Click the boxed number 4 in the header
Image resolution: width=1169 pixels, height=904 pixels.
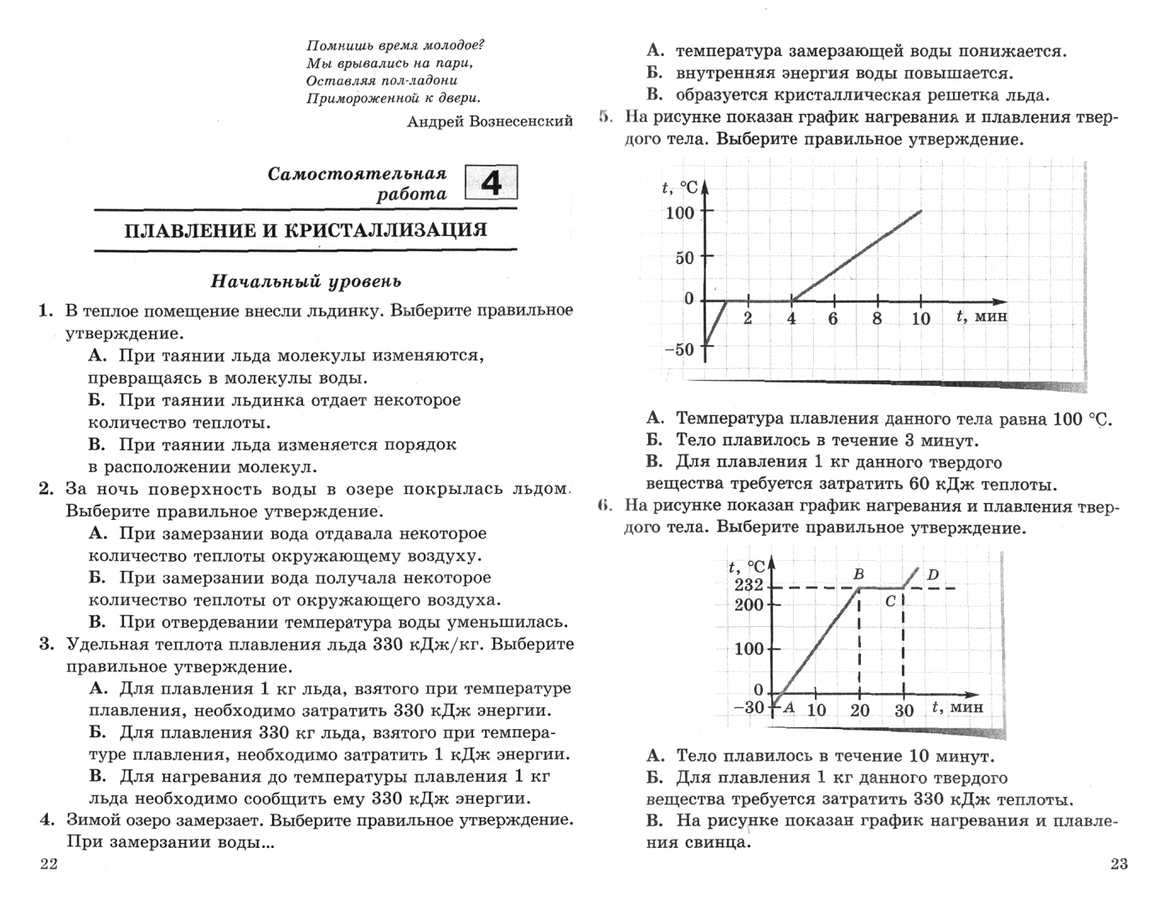coord(492,182)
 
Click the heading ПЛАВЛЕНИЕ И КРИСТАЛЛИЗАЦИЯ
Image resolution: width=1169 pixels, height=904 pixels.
coord(306,230)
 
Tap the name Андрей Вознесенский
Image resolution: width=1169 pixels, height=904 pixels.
coord(490,121)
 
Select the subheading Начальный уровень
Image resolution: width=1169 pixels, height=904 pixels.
coord(306,281)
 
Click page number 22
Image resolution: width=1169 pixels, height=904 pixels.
coord(49,864)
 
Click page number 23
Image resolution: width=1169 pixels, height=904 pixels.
coord(1120,864)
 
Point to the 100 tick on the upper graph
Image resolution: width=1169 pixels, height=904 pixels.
coord(680,213)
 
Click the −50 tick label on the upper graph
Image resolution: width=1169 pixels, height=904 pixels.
coord(679,349)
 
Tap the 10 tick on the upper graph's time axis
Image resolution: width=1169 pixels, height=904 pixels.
coord(921,319)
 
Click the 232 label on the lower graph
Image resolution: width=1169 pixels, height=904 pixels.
coord(749,585)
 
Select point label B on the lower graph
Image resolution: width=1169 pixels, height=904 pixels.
coord(858,575)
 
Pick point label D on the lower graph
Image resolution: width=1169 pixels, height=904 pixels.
coord(933,575)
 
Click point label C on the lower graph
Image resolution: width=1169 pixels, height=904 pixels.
coord(891,601)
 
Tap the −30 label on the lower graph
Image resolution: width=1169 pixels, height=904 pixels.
coord(749,707)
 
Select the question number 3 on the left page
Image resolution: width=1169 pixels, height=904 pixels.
coord(46,645)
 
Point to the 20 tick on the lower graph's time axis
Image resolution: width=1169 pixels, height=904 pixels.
coord(860,711)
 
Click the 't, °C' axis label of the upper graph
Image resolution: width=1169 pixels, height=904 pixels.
coord(679,188)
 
